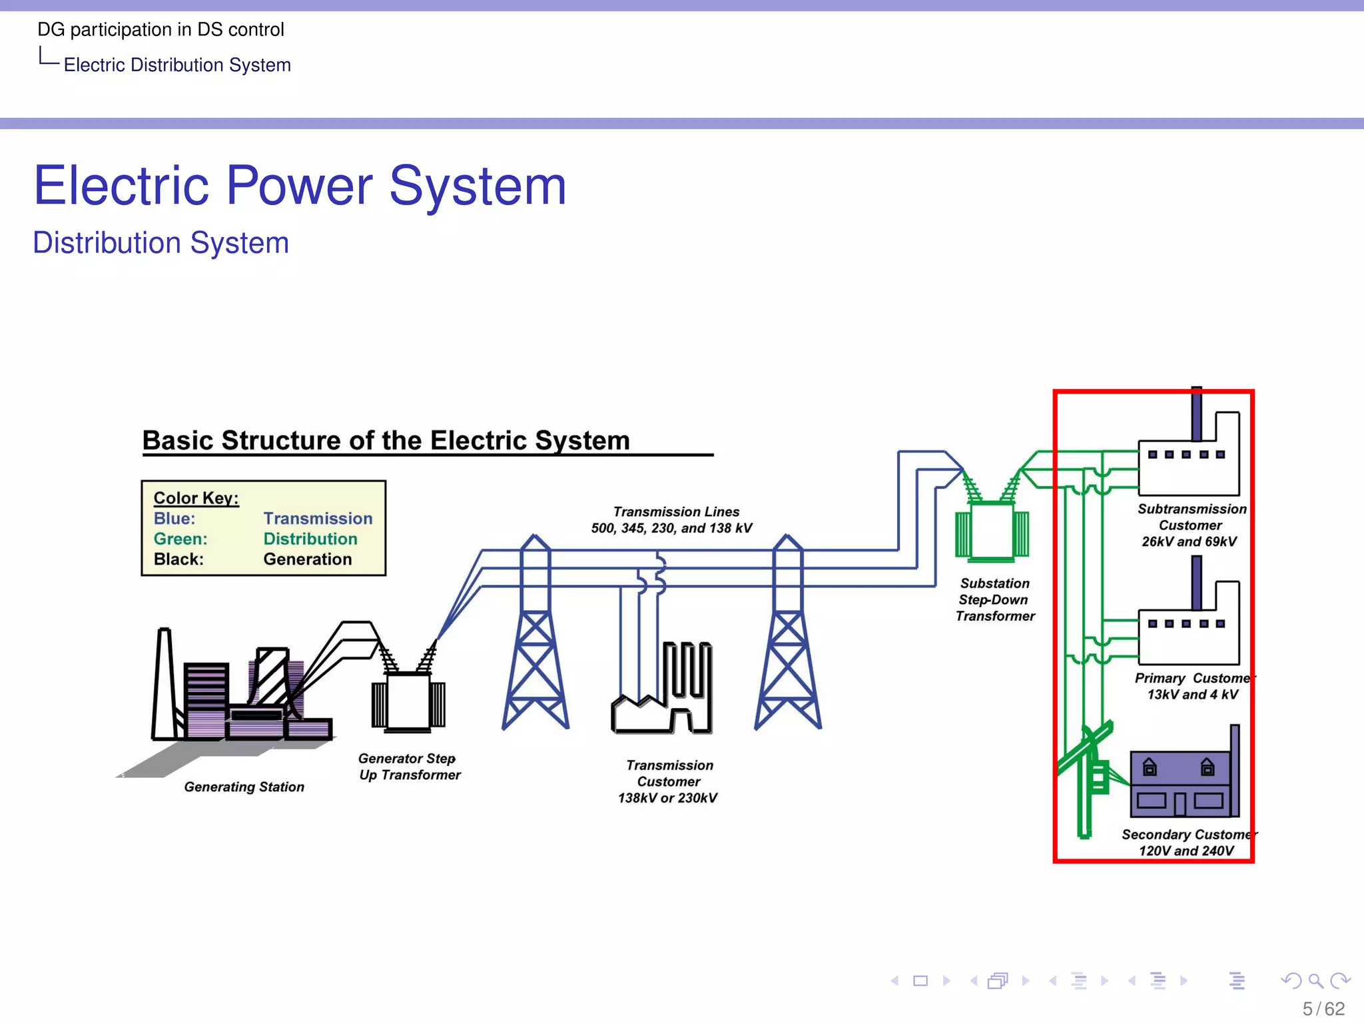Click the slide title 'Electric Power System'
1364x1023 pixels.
[x=300, y=186]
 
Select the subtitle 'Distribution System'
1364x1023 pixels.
[x=161, y=242]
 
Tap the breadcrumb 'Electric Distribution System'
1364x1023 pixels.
[x=177, y=65]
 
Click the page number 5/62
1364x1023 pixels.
[x=1323, y=1008]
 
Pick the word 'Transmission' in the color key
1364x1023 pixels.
[x=318, y=518]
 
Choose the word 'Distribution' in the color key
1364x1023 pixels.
[x=310, y=539]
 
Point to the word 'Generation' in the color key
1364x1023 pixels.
[x=307, y=559]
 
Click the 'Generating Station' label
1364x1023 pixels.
[x=244, y=787]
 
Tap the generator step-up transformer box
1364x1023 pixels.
[x=408, y=703]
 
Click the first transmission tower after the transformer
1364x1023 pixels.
[x=535, y=639]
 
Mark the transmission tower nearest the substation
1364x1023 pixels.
[x=788, y=639]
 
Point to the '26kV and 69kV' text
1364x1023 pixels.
[x=1189, y=541]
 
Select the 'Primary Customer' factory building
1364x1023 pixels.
[x=1189, y=633]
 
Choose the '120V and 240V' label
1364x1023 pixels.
[x=1186, y=851]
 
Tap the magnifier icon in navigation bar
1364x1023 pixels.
[x=1315, y=980]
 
